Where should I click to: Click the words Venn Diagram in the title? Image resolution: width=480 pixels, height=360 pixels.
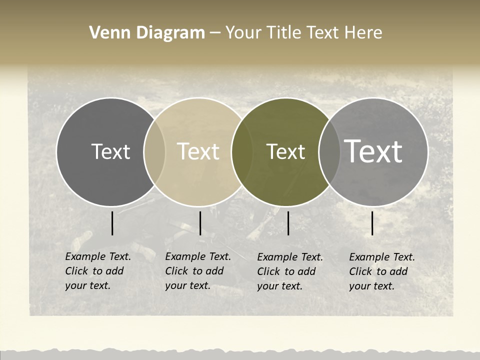tap(147, 33)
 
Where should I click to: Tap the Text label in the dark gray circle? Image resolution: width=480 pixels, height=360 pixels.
tap(110, 151)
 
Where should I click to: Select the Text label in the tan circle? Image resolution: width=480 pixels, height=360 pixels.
tap(198, 151)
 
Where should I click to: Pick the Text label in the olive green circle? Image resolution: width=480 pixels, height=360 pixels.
tap(286, 151)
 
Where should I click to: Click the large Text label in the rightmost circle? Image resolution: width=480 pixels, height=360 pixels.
tap(373, 151)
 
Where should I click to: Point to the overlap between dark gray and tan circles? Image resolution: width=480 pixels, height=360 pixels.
tap(154, 151)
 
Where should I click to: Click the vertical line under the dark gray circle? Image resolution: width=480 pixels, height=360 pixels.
tap(112, 223)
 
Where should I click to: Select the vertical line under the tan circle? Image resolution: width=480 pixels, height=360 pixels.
tap(200, 223)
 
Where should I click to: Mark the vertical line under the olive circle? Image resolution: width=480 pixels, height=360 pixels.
tap(288, 223)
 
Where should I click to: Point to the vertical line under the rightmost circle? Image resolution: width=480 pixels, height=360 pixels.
tap(372, 223)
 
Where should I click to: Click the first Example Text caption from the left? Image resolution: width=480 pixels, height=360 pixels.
tap(97, 271)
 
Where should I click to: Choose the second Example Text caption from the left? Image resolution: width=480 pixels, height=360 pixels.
tap(197, 271)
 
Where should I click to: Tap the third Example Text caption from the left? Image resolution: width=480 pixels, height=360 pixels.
tap(289, 271)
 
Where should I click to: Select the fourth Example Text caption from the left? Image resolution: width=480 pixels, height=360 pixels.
tap(381, 271)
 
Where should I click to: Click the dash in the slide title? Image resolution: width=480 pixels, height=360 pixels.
tap(215, 33)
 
